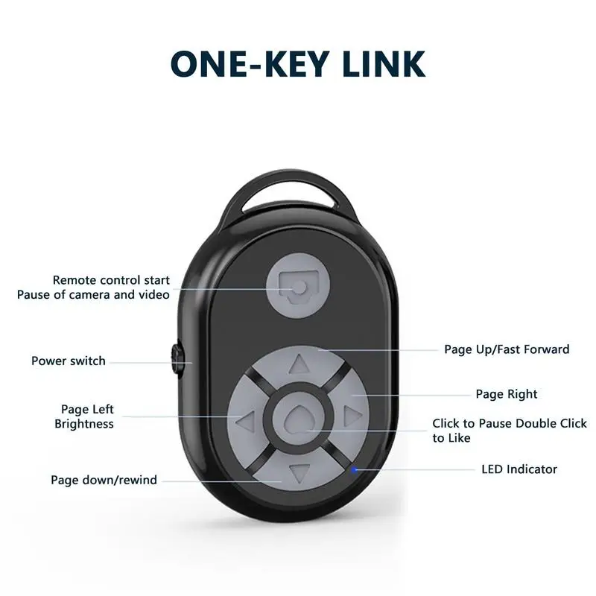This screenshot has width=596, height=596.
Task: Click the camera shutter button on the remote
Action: (x=298, y=287)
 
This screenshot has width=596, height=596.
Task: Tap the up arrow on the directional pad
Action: (x=299, y=364)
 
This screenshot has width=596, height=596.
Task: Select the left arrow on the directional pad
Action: (x=245, y=422)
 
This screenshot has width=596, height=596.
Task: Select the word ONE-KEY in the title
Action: (x=248, y=64)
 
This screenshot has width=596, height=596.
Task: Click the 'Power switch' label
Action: (x=69, y=361)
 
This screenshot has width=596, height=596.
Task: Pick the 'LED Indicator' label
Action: (x=519, y=469)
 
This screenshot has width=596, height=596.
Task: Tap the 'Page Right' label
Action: (x=507, y=394)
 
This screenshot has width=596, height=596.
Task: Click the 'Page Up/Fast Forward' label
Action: (x=507, y=349)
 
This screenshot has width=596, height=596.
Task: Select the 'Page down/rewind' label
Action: (x=104, y=481)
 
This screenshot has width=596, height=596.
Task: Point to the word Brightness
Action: (x=84, y=424)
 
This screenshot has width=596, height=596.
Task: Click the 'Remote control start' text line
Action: (x=111, y=281)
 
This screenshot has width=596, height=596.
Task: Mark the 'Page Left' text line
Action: (x=87, y=410)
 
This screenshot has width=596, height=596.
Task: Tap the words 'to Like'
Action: (x=451, y=438)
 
